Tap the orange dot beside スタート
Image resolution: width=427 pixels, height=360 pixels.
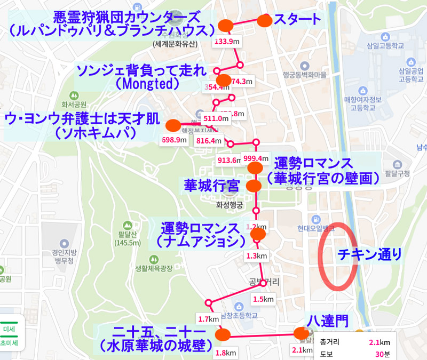[265, 21]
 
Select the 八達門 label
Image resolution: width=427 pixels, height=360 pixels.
[328, 320]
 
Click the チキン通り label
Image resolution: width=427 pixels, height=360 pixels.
[370, 254]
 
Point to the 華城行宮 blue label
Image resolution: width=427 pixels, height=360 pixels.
[211, 186]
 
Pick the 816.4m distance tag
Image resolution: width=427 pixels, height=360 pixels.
[209, 141]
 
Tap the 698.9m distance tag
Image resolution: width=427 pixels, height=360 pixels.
[175, 140]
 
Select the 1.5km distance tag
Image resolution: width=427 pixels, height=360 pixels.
[262, 299]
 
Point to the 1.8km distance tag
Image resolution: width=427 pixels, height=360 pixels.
[225, 353]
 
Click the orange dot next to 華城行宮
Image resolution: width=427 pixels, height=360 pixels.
[253, 186]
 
